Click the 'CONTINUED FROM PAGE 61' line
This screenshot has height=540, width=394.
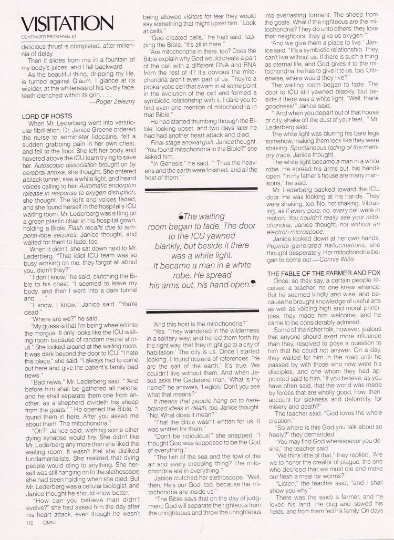click(45, 37)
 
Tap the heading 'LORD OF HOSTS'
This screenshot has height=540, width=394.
click(45, 115)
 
